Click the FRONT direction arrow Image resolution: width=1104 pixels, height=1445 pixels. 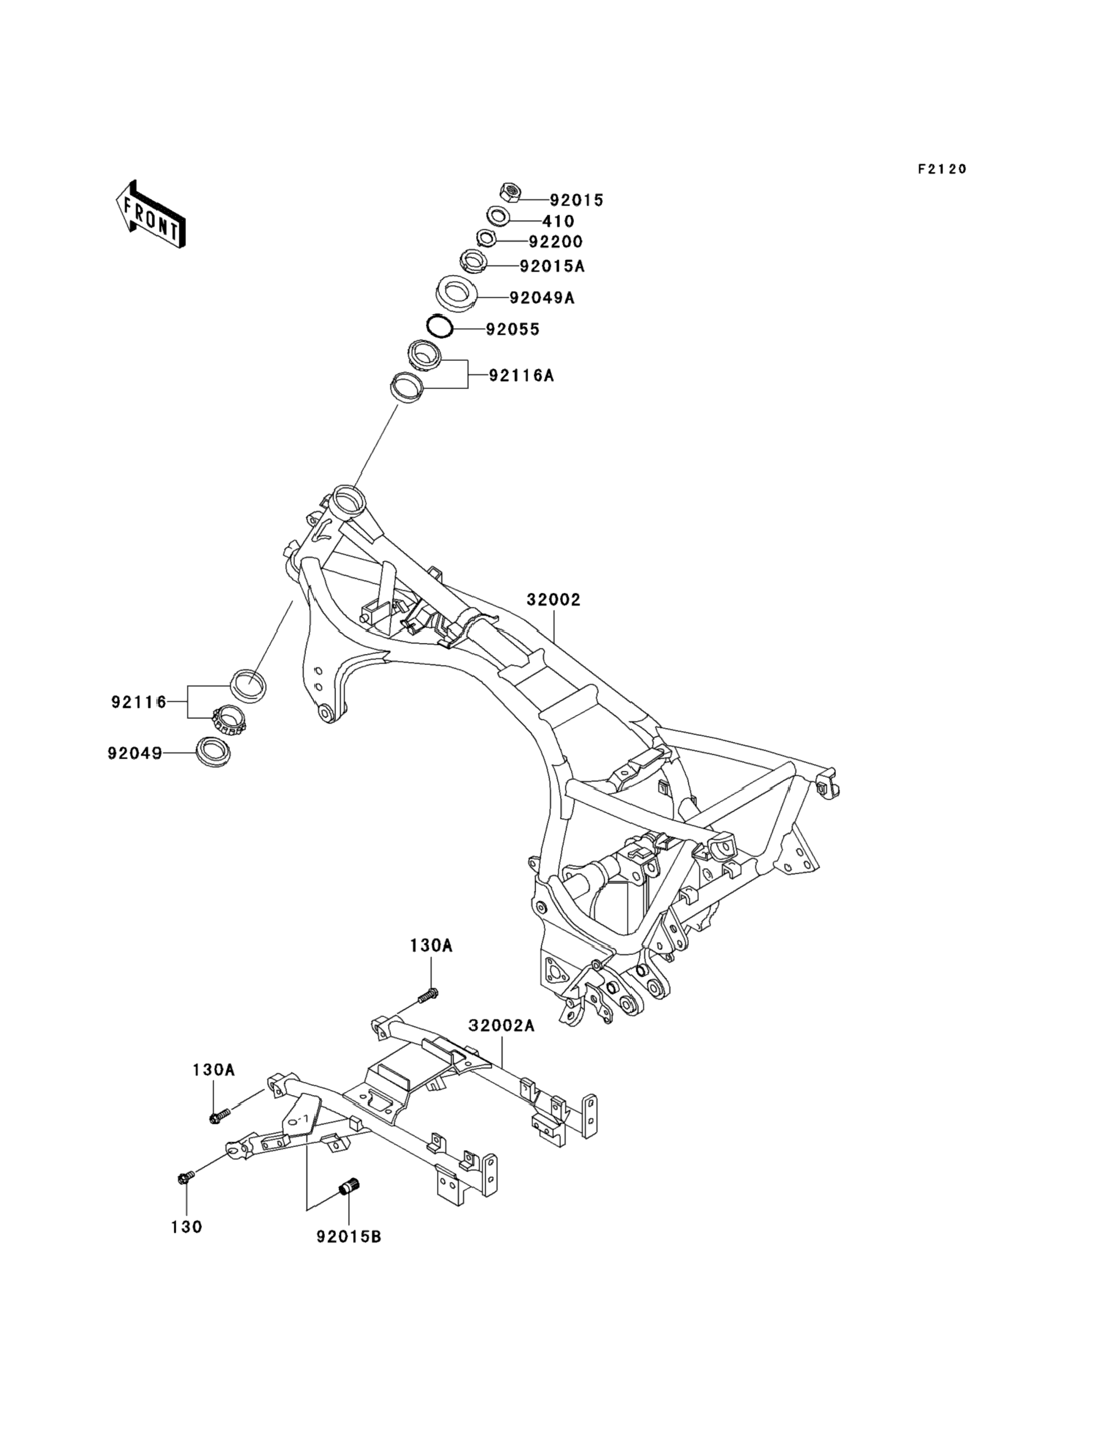151,215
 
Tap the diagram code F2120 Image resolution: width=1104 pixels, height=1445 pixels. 942,169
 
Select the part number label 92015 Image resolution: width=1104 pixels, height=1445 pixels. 576,200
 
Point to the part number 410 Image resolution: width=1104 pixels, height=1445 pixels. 559,221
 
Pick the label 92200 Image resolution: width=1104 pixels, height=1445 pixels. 556,242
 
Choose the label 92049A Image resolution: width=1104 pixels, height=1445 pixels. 542,298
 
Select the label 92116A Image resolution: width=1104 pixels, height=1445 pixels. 521,376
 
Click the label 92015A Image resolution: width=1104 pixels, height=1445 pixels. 552,267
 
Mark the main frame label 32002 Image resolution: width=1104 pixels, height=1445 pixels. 553,600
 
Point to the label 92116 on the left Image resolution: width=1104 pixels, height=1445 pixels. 139,702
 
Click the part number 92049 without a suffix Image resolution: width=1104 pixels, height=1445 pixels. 135,753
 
